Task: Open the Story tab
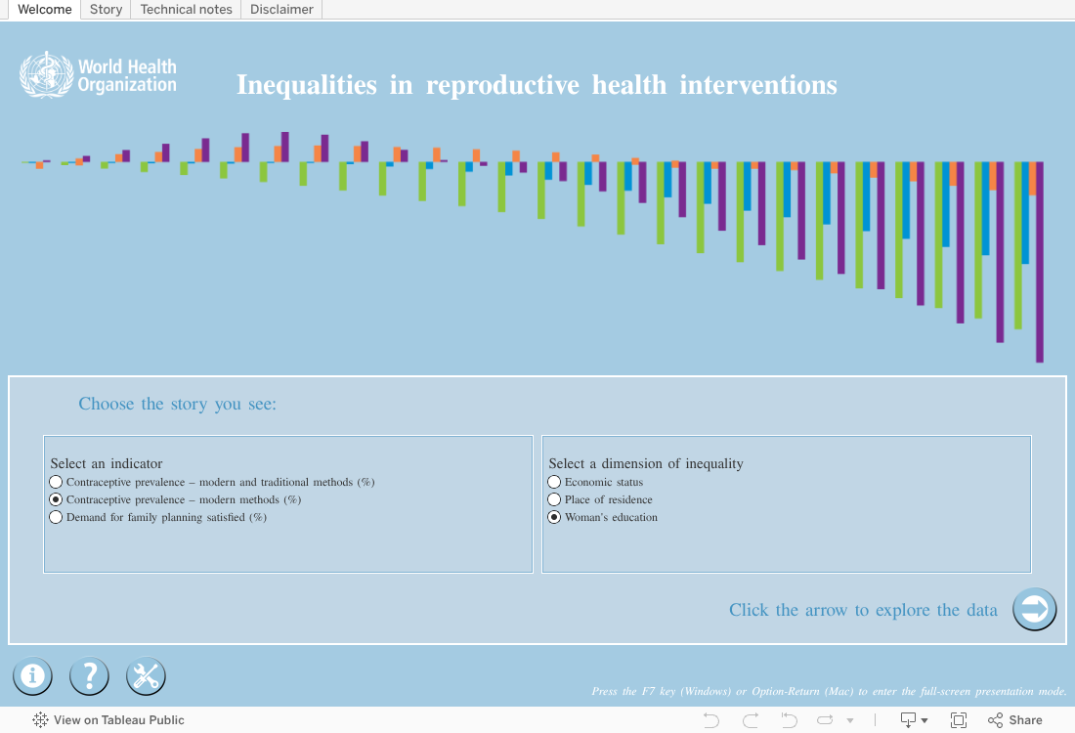tap(106, 10)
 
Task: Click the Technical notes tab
tap(186, 10)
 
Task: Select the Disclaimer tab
tap(281, 10)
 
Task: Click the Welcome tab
tap(45, 10)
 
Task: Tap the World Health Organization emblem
tap(46, 75)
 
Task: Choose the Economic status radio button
tap(555, 482)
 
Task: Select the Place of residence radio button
tap(555, 499)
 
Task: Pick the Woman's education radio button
tap(555, 517)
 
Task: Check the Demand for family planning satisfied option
tap(57, 517)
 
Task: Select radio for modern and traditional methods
tap(57, 482)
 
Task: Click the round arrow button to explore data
tap(1034, 610)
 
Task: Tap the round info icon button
tap(32, 675)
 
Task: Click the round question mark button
tap(89, 675)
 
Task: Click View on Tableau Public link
tap(108, 720)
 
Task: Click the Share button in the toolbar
tap(1015, 720)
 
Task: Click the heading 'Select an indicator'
tap(107, 463)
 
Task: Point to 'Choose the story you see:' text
tap(177, 404)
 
